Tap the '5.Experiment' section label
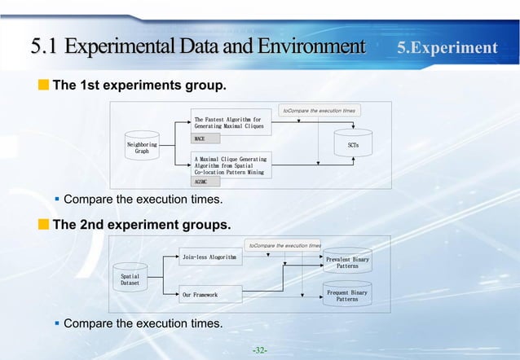click(447, 47)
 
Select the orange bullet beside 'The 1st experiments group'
click(44, 85)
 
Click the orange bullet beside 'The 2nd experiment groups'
click(44, 222)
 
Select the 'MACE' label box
click(206, 139)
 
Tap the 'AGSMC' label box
click(206, 183)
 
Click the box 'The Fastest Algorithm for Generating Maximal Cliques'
click(230, 123)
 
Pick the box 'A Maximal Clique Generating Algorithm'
click(230, 165)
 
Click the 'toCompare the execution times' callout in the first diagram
click(319, 109)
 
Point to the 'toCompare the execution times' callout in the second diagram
click(284, 244)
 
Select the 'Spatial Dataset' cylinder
click(130, 280)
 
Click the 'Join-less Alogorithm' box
click(209, 257)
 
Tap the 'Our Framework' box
click(209, 294)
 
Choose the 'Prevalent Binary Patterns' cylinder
click(347, 261)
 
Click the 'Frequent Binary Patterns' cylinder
click(347, 295)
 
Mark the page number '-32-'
click(260, 350)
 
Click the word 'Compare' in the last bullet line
click(88, 324)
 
